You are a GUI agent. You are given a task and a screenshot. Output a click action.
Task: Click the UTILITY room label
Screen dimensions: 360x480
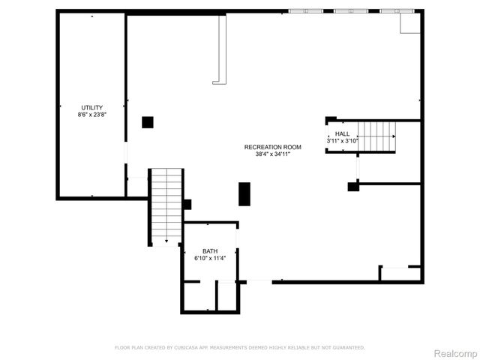click(x=92, y=108)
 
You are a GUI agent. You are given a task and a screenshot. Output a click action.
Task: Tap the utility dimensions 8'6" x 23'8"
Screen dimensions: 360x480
click(x=92, y=115)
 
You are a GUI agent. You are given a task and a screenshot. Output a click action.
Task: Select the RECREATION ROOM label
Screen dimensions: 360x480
click(x=273, y=147)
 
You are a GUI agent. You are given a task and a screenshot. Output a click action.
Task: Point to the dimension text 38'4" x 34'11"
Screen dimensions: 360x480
click(x=273, y=154)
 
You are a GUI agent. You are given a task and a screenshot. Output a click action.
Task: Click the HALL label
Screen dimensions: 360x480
click(x=343, y=133)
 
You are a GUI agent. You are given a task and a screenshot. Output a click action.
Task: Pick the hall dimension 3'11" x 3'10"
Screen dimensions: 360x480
click(x=343, y=141)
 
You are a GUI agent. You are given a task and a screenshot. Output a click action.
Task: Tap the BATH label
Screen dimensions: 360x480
click(x=210, y=251)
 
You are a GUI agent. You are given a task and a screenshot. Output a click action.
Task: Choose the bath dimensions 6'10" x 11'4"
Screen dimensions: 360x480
click(x=210, y=259)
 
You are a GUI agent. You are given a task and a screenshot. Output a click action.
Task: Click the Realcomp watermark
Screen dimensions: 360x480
click(x=456, y=353)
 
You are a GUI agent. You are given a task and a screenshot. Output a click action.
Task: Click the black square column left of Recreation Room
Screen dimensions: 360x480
click(x=148, y=121)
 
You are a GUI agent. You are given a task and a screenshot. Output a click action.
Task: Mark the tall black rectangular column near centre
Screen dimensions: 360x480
click(x=244, y=193)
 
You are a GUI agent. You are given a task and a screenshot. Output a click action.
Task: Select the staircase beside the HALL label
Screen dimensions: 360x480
click(x=376, y=136)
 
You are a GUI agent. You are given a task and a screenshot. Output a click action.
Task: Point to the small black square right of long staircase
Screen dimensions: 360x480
click(x=187, y=204)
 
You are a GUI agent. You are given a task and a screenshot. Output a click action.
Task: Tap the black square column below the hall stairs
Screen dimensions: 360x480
click(x=353, y=187)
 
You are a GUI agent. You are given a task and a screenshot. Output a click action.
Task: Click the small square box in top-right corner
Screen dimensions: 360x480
click(x=409, y=24)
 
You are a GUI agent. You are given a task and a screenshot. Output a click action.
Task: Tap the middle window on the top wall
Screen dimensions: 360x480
click(x=352, y=11)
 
